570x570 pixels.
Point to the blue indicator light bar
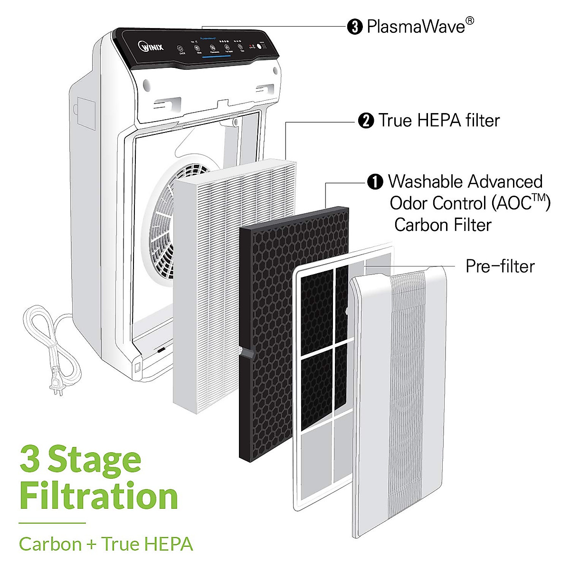[216, 57]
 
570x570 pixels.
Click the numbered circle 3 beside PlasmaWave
[355, 27]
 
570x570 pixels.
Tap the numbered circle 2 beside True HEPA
[366, 121]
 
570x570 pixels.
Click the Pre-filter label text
[500, 266]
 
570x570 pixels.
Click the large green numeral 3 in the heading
[30, 459]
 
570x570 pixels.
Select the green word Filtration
[99, 497]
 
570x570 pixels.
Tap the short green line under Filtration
[52, 523]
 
